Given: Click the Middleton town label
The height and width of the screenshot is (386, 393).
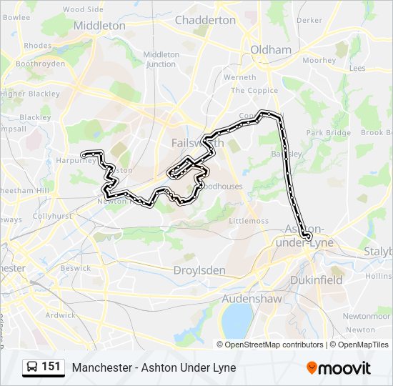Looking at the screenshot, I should coord(99,26).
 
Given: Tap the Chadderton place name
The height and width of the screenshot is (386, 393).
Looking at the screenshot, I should coord(205,20).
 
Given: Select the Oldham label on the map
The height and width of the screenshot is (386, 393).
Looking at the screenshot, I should coord(271,50).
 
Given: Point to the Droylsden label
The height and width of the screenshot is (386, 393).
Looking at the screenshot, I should coord(199,271).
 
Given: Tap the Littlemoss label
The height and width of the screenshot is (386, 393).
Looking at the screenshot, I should coord(249,221).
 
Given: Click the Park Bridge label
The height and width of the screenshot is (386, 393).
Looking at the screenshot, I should coord(328,133).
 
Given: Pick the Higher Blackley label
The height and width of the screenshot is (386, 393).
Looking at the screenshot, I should coord(30,94).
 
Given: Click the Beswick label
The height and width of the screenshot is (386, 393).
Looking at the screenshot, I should coord(75,268).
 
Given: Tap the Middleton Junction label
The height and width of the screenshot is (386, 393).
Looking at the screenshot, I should coord(161,59).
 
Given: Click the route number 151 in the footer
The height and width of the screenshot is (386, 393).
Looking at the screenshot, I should coord(51,367).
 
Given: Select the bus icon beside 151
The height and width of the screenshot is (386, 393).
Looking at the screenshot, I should coord(32,367).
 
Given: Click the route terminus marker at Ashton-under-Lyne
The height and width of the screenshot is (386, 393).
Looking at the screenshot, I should coord(308,236).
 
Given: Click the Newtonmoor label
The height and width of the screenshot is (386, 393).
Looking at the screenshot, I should coord(366,315).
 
